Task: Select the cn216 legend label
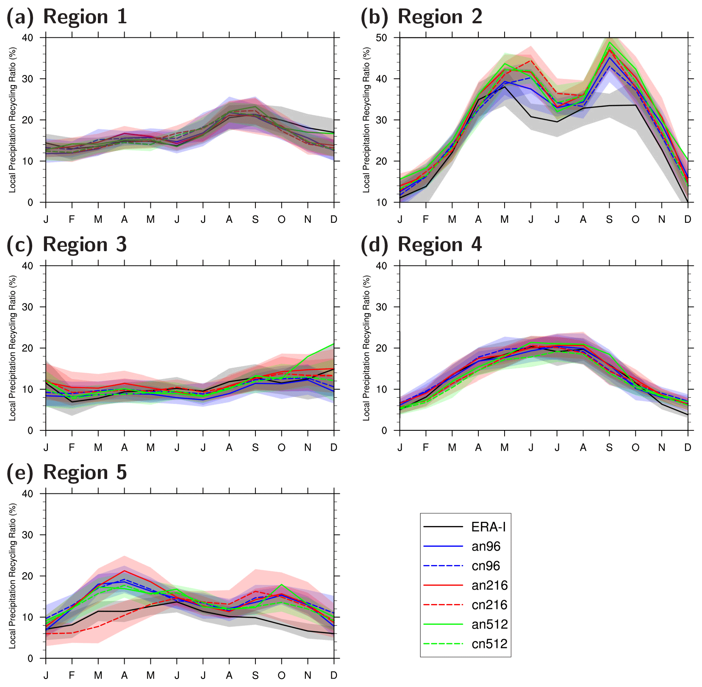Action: (x=489, y=605)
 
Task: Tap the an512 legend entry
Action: (x=489, y=624)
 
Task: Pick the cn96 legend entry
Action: (x=486, y=566)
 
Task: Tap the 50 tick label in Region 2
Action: (x=381, y=38)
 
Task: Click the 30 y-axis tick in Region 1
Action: (x=28, y=79)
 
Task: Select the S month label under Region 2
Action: (x=609, y=219)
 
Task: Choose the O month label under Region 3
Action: (x=281, y=448)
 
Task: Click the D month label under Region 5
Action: (x=334, y=676)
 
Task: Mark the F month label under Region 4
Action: (x=426, y=448)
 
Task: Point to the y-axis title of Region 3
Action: (x=12, y=348)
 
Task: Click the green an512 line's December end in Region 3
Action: (x=334, y=344)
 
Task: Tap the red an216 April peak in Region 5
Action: (x=125, y=571)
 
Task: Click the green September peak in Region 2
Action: (x=609, y=42)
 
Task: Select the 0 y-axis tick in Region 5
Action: (x=30, y=659)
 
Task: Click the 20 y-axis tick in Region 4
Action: (x=381, y=348)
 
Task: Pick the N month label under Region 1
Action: (x=308, y=219)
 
